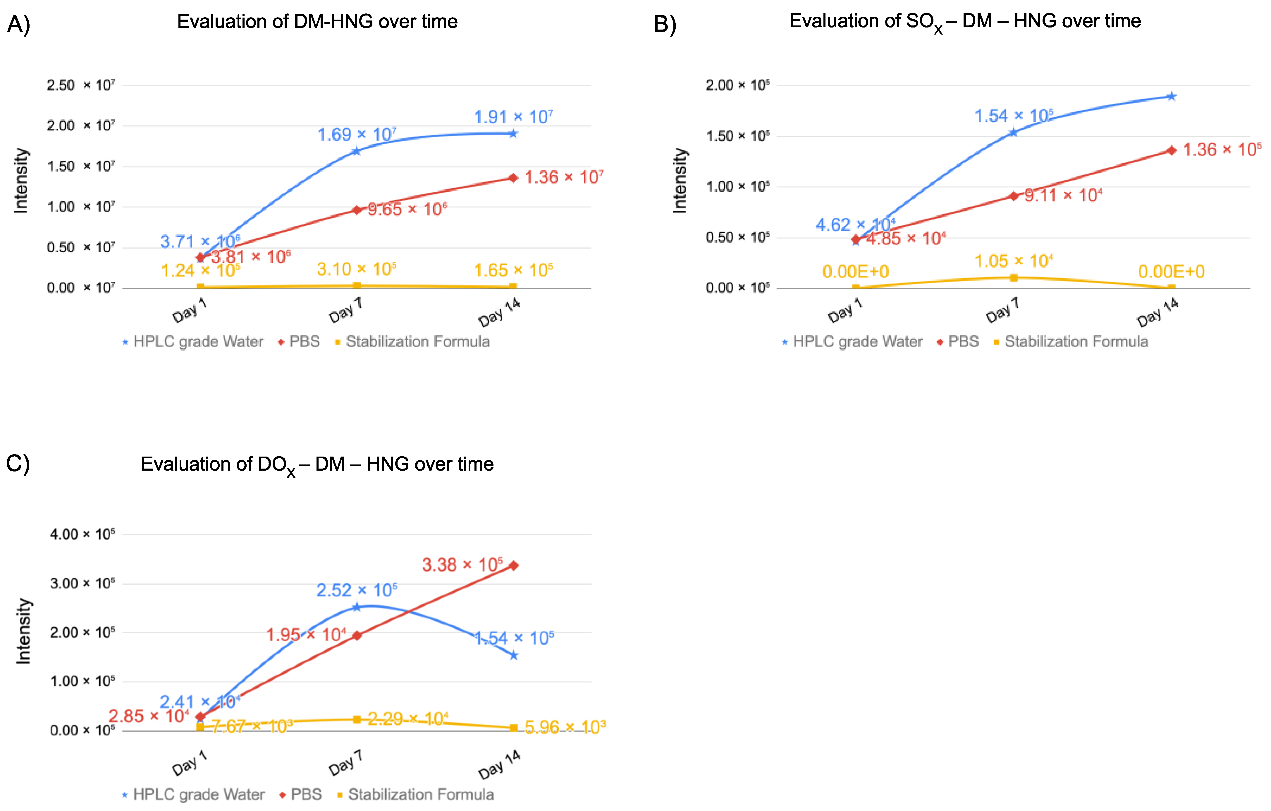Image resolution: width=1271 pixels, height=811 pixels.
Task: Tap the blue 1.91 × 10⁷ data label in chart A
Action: point(513,117)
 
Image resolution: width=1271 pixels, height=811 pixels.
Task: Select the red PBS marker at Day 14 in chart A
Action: point(513,178)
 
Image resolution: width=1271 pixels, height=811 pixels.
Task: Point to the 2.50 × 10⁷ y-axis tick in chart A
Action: point(80,85)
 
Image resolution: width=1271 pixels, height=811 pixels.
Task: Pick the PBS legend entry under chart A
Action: point(299,342)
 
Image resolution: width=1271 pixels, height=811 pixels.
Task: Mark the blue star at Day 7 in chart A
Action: point(356,151)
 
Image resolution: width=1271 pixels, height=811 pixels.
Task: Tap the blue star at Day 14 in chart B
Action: point(1171,96)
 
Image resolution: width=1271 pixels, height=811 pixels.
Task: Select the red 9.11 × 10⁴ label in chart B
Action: point(1063,195)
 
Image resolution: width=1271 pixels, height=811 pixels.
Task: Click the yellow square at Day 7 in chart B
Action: point(1013,278)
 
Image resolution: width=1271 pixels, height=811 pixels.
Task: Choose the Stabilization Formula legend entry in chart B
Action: point(1072,342)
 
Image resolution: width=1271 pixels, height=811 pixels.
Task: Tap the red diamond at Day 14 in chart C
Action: point(513,565)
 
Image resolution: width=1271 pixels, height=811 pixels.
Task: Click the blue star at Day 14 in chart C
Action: point(513,655)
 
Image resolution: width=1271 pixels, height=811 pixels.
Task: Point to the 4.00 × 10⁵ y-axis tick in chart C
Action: point(82,534)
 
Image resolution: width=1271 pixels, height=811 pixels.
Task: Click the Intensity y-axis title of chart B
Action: point(680,181)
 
